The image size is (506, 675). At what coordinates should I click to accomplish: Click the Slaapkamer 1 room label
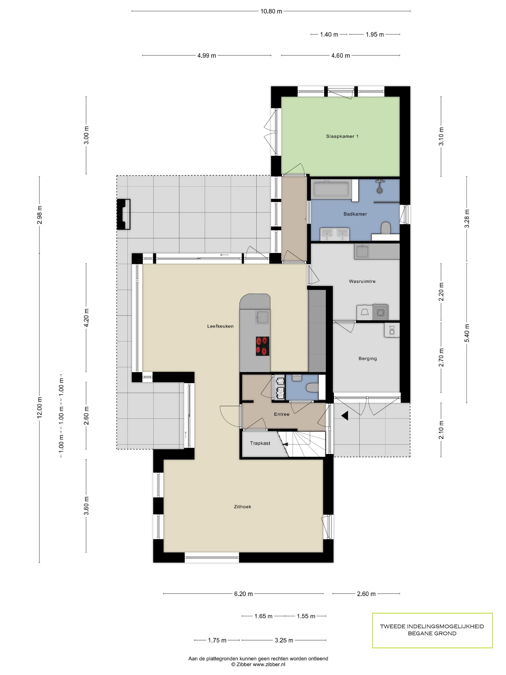(342, 136)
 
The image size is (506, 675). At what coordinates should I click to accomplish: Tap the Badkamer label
(355, 214)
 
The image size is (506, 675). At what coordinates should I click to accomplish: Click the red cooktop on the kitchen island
(262, 346)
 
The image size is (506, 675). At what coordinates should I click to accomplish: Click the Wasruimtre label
(362, 281)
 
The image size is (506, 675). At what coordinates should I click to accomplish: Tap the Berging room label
(367, 358)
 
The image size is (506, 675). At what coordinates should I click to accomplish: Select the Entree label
(281, 414)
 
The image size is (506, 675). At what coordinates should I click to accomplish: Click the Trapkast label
(260, 443)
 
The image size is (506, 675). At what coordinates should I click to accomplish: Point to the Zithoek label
(242, 506)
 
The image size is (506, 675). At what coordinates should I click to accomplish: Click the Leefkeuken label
(220, 326)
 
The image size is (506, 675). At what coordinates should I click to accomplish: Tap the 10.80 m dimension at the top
(271, 11)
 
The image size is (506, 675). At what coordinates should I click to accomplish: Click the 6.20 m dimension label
(243, 594)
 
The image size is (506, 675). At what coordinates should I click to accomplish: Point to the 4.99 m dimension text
(206, 55)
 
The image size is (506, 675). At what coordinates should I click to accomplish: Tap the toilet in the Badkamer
(386, 228)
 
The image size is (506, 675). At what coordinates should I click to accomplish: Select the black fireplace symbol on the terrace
(124, 214)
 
